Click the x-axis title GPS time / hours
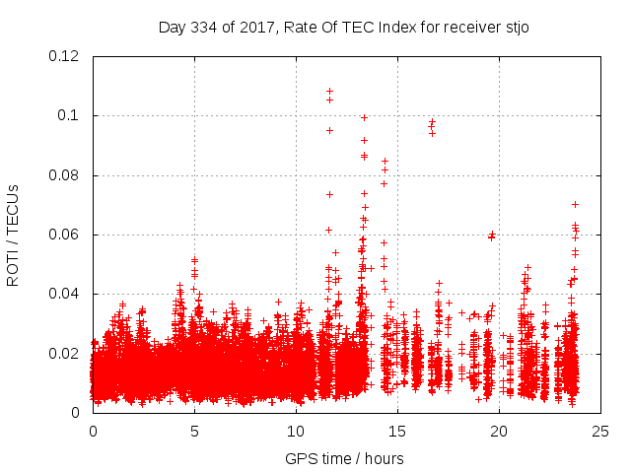[x=344, y=458]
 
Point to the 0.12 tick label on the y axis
[x=65, y=56]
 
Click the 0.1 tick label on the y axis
[x=71, y=115]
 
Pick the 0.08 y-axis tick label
[x=65, y=175]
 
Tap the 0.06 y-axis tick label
[x=65, y=235]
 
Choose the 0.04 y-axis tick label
[x=65, y=294]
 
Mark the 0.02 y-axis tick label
[x=65, y=353]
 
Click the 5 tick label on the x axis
[x=194, y=431]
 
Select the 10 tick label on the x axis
[x=296, y=431]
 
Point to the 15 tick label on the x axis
[x=397, y=431]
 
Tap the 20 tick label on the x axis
[x=499, y=431]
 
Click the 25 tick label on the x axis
[x=600, y=431]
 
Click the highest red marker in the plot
[x=329, y=91]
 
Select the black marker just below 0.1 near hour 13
[x=364, y=117]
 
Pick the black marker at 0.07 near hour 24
[x=575, y=204]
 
